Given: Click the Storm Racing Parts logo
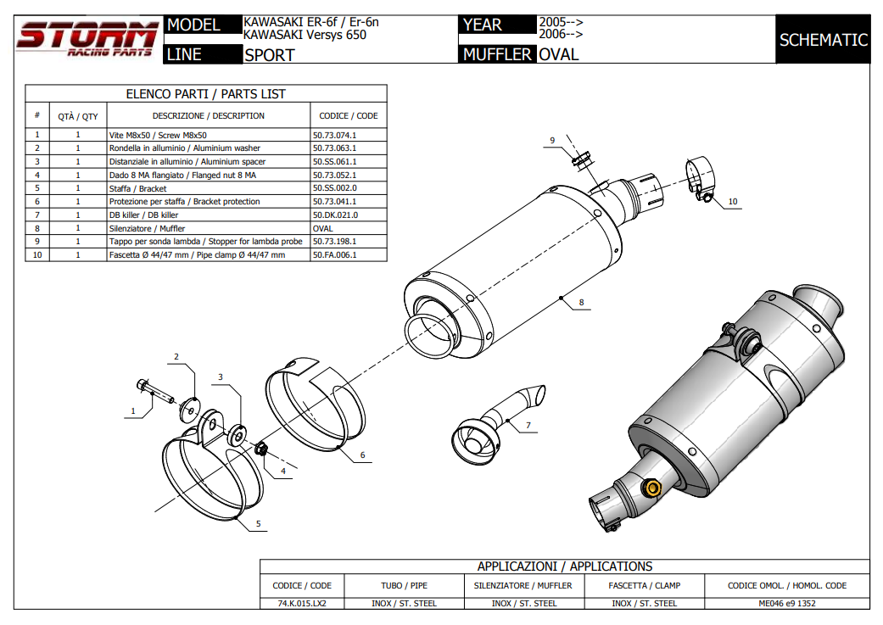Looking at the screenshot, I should point(87,39).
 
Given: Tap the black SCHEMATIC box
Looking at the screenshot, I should point(823,40).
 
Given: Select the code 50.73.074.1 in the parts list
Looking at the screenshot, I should point(335,135).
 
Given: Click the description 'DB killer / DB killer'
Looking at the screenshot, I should point(143,215).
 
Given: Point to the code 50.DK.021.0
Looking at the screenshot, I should point(335,215).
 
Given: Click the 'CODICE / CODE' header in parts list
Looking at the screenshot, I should point(348,116).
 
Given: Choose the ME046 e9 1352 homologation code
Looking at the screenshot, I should point(787,604).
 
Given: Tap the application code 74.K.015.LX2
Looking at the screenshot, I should point(302,604).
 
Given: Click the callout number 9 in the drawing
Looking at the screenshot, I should point(551,140).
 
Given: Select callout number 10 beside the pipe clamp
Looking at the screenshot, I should point(732,202).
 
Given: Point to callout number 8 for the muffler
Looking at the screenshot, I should point(582,302).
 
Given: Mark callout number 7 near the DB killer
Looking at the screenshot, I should point(528,425).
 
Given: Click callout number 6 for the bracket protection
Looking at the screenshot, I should point(362,455).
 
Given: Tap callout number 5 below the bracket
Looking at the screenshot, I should point(258,524).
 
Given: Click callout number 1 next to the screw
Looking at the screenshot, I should point(132,411).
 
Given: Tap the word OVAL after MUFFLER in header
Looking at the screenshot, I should point(559,55).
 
